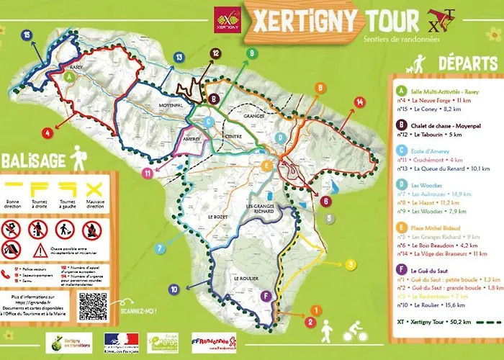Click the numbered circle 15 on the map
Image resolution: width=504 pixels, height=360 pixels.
click(27, 34)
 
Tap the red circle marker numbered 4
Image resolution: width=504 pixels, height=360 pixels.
click(47, 132)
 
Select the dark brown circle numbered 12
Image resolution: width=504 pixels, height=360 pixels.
click(215, 53)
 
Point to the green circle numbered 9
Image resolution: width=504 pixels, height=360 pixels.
click(251, 53)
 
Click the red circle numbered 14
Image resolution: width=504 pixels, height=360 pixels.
click(360, 102)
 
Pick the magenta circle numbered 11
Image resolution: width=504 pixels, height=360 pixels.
click(147, 173)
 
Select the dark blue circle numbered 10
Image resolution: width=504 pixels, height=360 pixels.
click(174, 289)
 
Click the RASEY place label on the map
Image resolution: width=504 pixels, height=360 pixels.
click(78, 67)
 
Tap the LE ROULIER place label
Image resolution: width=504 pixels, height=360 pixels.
click(245, 277)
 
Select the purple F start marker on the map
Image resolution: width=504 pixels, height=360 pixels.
click(266, 296)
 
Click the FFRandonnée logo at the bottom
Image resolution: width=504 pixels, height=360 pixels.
click(214, 342)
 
